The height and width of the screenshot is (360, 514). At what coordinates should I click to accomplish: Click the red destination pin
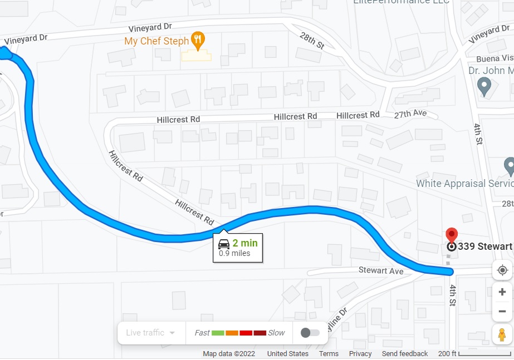(452, 235)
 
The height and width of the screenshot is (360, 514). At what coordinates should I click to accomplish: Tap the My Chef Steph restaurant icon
(198, 40)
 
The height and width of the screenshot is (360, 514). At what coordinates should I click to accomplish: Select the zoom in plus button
(502, 292)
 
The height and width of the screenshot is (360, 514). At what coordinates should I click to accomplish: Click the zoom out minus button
(502, 312)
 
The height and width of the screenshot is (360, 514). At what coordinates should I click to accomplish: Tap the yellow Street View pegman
(502, 335)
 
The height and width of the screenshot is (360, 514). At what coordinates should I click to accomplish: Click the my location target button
(502, 270)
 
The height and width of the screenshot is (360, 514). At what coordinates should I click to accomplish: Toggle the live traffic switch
(310, 333)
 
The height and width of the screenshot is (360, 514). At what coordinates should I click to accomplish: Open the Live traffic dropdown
(150, 333)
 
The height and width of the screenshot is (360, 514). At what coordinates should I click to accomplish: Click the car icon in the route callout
(224, 244)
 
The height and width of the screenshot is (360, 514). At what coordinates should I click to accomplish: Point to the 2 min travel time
(245, 243)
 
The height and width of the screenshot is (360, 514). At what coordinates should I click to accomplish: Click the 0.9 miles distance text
(234, 254)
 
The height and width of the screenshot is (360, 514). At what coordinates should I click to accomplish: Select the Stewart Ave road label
(381, 271)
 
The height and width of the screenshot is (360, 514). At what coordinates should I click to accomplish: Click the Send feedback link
(405, 354)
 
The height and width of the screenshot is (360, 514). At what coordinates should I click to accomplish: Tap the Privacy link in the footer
(360, 354)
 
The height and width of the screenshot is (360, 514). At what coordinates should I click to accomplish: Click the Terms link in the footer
(329, 354)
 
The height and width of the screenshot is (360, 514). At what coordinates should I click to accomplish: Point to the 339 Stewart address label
(484, 246)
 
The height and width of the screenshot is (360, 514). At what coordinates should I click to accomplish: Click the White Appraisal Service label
(464, 184)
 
